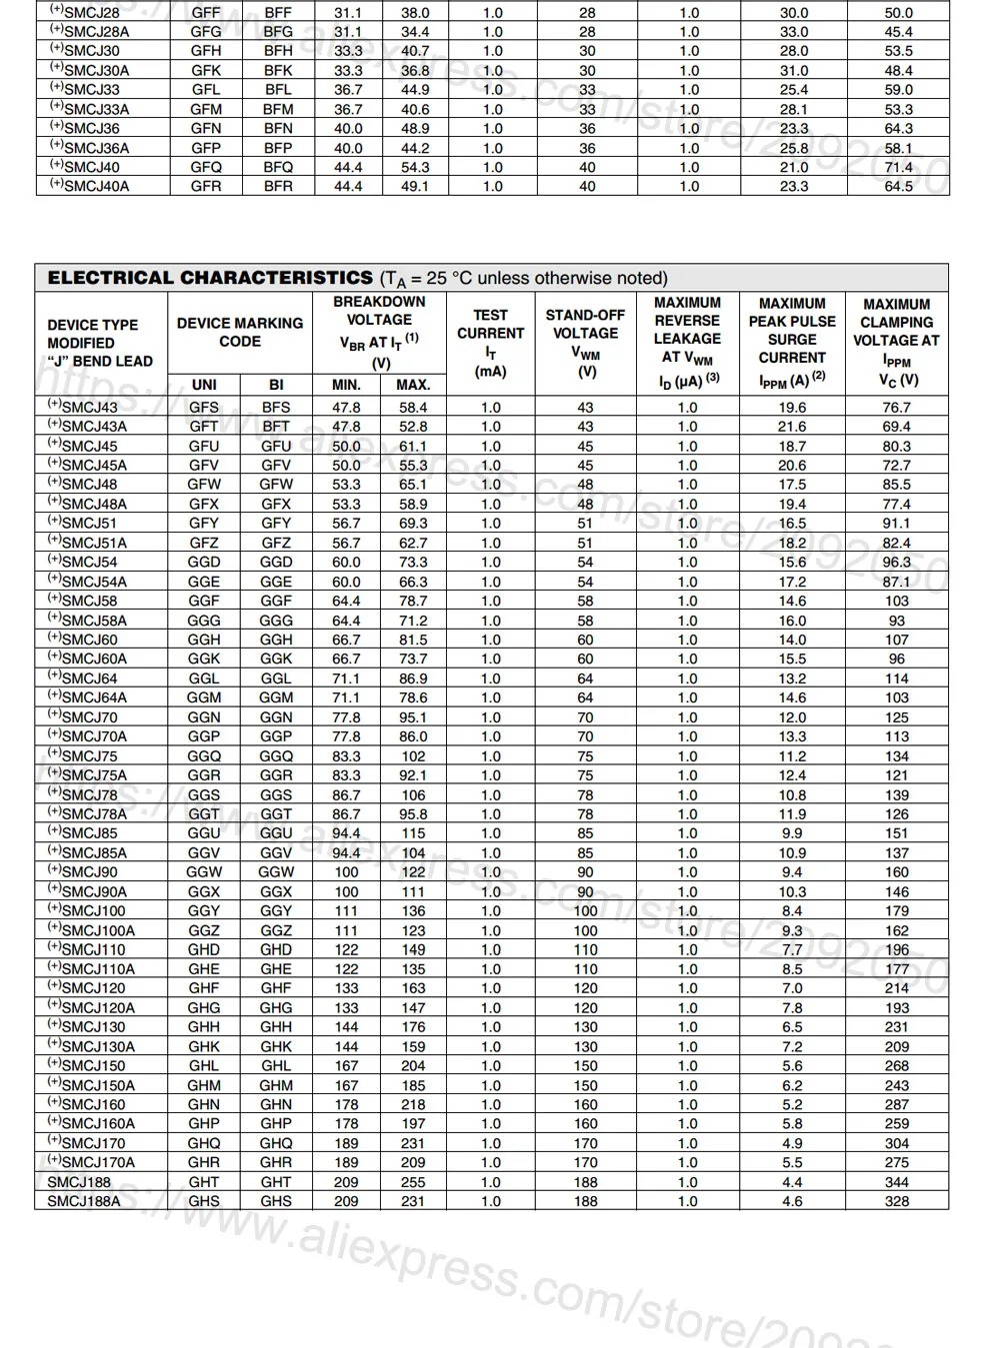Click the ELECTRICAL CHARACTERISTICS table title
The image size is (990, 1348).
(210, 278)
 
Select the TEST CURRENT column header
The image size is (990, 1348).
(490, 342)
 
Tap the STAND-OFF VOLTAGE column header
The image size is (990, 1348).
(585, 342)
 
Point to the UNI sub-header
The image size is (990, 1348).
(204, 385)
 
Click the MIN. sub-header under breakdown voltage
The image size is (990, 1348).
(346, 385)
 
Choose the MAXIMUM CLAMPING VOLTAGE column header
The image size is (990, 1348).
(896, 342)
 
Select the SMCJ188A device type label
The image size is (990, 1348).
(84, 1201)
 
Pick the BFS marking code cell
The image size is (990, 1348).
(276, 408)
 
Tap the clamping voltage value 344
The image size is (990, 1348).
(897, 1182)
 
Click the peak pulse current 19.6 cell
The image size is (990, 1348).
(792, 408)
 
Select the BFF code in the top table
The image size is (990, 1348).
(278, 13)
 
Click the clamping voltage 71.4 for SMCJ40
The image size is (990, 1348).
(898, 167)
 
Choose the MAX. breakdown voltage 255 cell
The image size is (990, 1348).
(413, 1182)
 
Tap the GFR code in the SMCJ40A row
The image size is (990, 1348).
(206, 186)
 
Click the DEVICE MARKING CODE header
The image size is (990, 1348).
(240, 332)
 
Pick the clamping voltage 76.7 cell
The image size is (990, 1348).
(897, 408)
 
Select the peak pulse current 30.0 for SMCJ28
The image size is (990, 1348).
(794, 13)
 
